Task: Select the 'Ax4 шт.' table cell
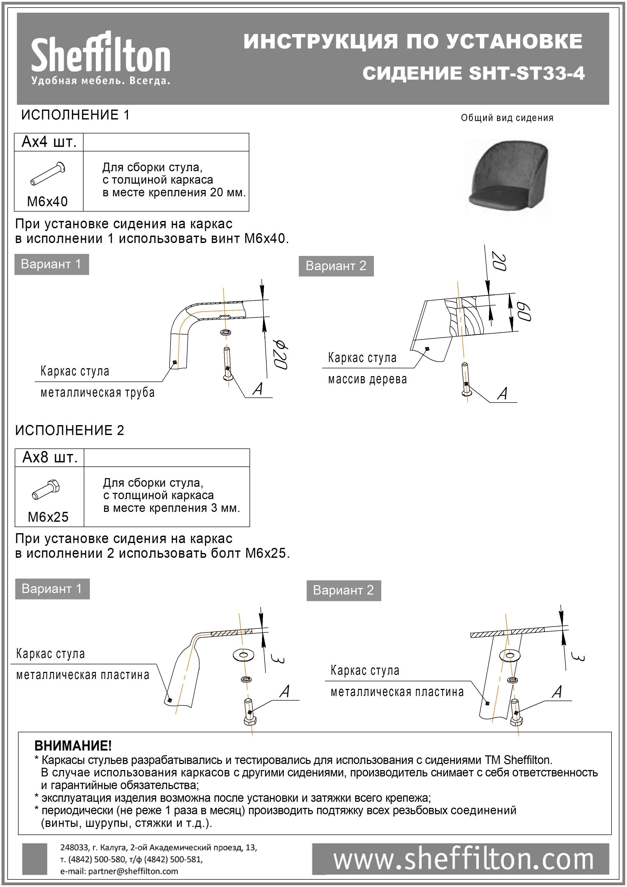49,142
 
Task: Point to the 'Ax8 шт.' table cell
50,457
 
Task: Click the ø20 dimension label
280,355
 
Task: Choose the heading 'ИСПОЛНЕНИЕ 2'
70,430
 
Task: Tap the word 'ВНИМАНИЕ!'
73,746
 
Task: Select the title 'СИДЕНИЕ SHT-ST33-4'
473,73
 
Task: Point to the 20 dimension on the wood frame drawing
499,261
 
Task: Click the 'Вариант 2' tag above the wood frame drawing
336,266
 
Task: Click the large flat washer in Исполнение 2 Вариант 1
243,655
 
